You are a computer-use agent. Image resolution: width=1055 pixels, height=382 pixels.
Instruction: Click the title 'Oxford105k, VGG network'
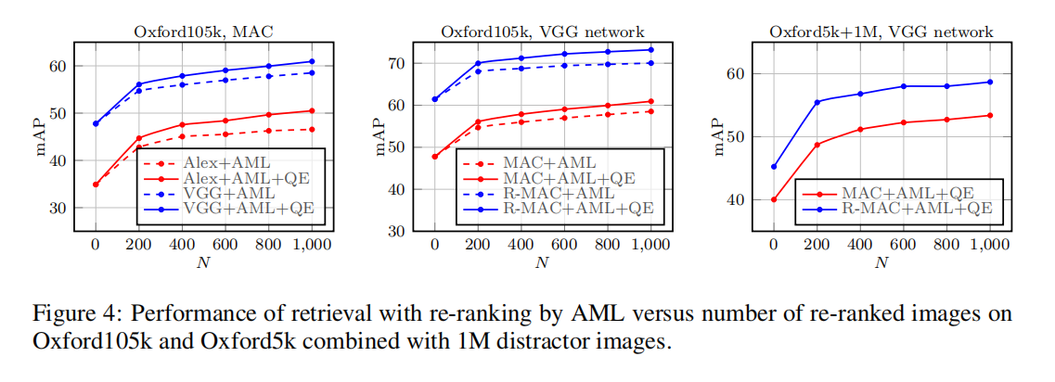[542, 32]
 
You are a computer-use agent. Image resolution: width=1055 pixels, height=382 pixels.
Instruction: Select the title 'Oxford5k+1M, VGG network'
[881, 32]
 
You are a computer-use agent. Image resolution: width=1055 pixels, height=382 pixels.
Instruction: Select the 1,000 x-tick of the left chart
[312, 245]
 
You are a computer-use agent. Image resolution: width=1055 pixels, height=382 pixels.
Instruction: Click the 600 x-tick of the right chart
[902, 245]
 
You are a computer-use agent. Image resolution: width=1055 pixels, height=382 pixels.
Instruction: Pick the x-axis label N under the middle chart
[542, 262]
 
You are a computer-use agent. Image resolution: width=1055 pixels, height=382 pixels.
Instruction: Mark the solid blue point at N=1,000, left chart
[312, 61]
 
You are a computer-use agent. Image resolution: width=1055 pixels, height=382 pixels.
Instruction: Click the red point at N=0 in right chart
[774, 199]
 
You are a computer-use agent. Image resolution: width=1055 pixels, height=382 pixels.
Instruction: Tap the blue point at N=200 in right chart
[817, 102]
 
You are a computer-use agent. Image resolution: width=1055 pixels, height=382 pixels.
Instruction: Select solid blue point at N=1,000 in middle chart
[650, 50]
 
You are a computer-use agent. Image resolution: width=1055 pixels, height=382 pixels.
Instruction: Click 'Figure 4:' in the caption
[69, 313]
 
